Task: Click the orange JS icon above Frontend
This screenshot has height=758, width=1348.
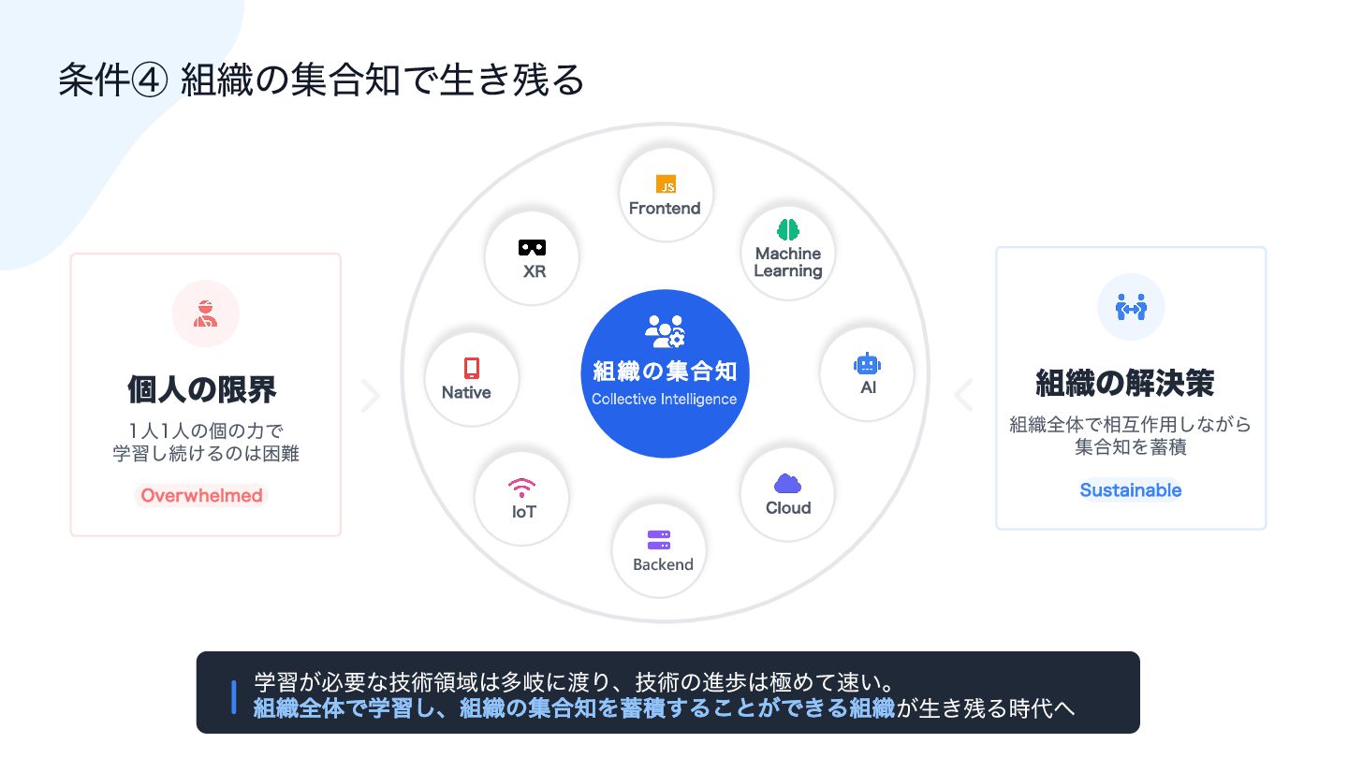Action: click(666, 184)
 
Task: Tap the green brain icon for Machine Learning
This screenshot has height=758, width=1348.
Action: click(788, 229)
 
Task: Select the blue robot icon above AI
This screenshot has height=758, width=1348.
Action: click(868, 364)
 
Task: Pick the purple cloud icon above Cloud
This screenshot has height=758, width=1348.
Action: click(787, 484)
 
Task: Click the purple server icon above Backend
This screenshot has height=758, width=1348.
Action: click(659, 541)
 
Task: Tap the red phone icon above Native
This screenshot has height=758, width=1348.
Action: click(472, 368)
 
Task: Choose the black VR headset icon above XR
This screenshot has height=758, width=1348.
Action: click(533, 248)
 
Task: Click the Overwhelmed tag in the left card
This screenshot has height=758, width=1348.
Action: click(201, 495)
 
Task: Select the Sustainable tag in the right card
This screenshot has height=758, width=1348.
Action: click(1131, 489)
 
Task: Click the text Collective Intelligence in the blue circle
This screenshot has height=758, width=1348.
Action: click(665, 400)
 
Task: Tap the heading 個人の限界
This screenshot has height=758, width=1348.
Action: click(202, 389)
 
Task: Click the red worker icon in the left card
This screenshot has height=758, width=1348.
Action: click(205, 313)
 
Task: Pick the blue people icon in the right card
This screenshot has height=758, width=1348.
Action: click(1131, 306)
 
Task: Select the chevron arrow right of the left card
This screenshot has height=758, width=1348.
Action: click(371, 396)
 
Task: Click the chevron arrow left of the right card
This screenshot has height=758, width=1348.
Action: click(963, 395)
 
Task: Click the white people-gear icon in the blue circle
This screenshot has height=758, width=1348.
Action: click(665, 332)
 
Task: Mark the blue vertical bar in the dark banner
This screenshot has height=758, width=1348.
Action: click(233, 697)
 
